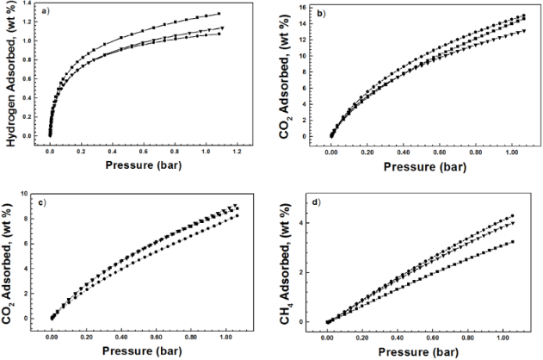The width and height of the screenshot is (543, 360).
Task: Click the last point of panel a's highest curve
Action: [219, 14]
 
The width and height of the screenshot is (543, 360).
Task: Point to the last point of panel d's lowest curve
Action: [513, 242]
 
